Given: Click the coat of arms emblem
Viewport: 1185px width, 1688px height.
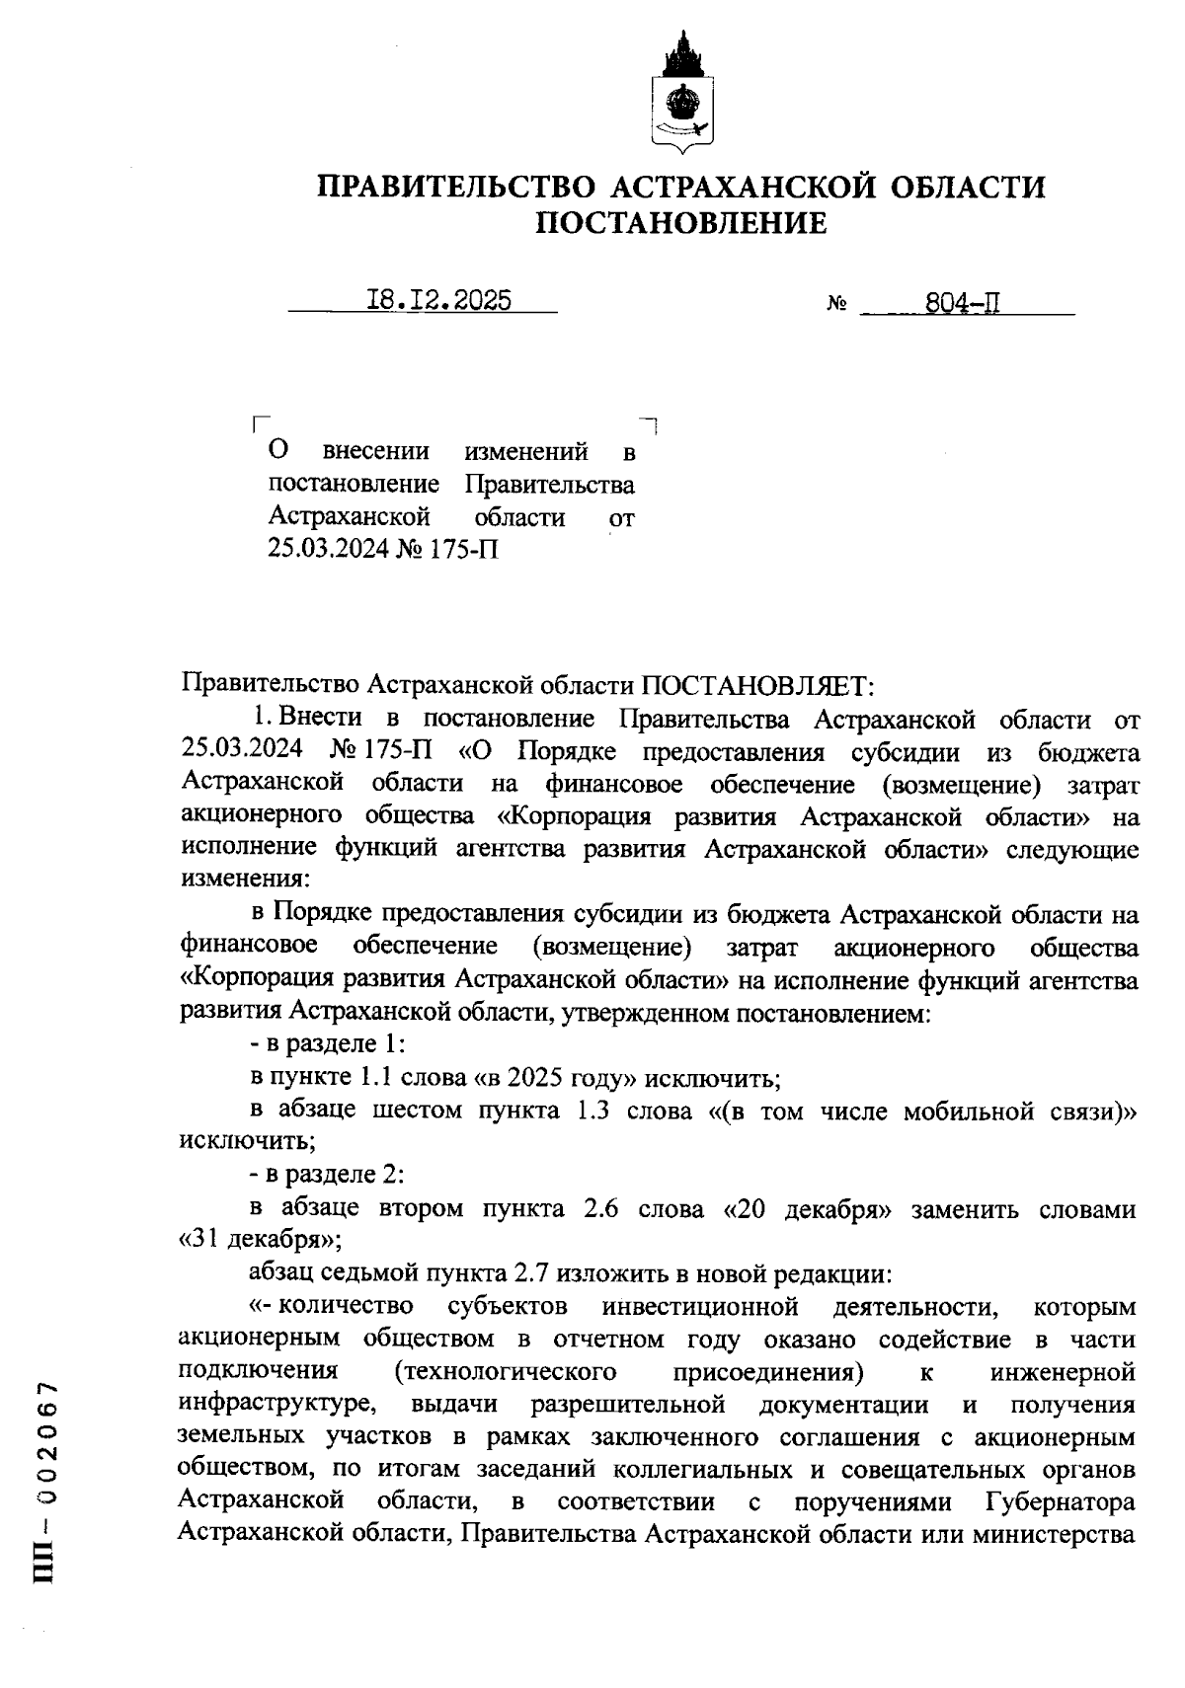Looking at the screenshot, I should tap(680, 93).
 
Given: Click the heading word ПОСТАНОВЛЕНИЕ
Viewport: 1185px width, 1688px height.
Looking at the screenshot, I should tap(680, 224).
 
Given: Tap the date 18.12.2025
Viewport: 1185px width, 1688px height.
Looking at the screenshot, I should tap(438, 300).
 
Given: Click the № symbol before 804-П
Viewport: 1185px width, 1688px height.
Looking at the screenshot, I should tap(836, 305).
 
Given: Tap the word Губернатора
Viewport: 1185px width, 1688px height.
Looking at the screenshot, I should tap(1061, 1502).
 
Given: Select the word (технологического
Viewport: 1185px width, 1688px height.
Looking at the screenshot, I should tap(504, 1371).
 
